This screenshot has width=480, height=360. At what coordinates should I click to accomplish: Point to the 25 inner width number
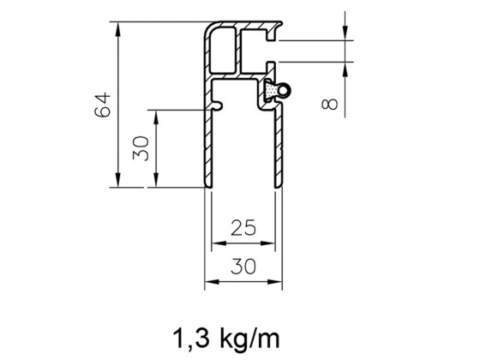click(244, 228)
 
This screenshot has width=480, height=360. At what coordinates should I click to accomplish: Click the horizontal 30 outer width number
click(244, 266)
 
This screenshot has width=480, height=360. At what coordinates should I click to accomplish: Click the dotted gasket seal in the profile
click(270, 91)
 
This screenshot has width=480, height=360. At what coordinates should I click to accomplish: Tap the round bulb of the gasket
click(286, 87)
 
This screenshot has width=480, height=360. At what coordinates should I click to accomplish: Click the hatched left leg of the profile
click(208, 146)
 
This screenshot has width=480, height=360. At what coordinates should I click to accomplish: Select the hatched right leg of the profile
click(279, 146)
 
